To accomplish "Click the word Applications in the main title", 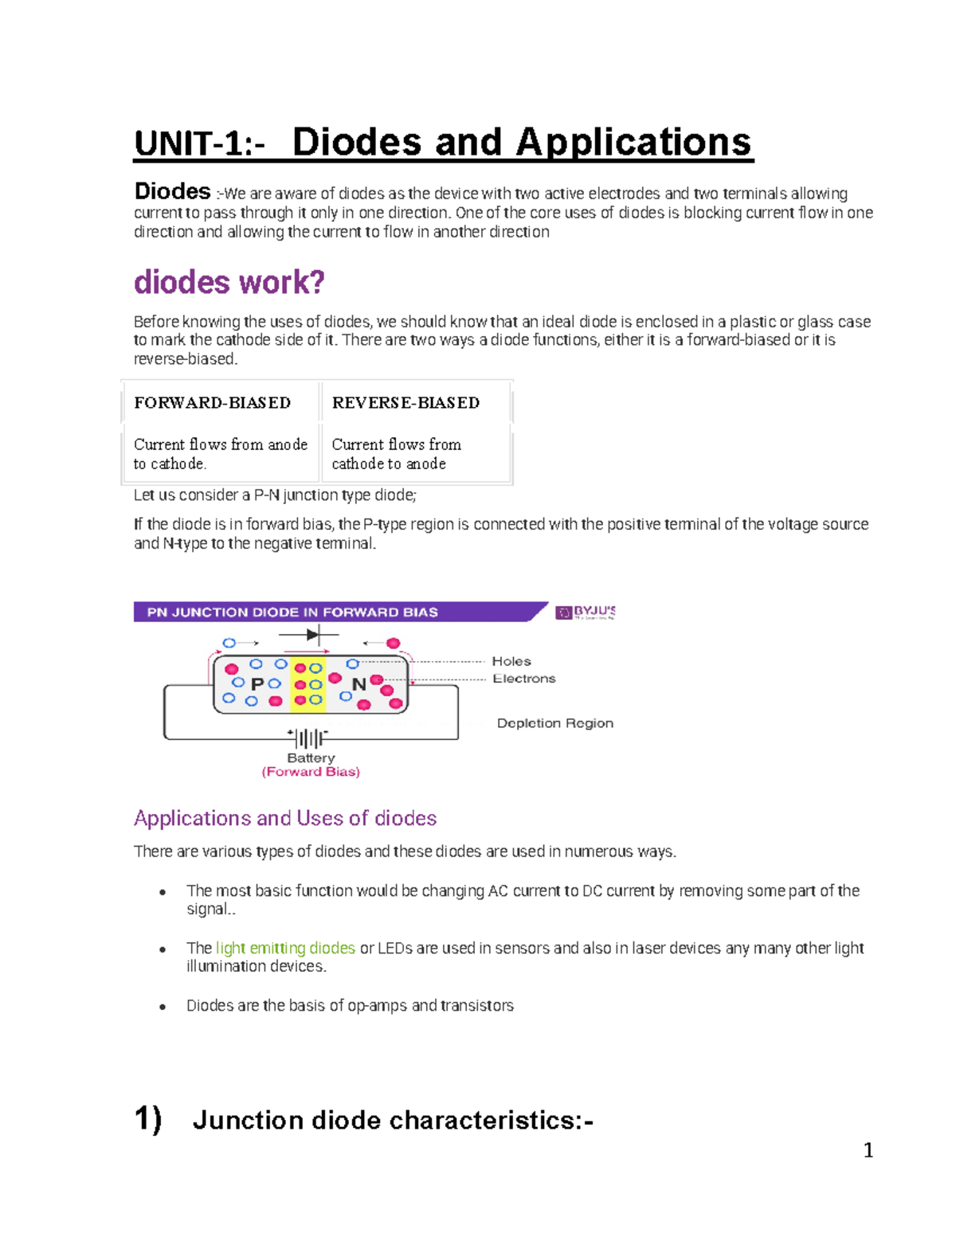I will [633, 143].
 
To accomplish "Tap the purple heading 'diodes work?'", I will [229, 282].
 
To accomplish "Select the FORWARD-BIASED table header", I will [213, 403].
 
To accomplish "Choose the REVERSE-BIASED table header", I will [406, 403].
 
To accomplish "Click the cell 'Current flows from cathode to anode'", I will [397, 454].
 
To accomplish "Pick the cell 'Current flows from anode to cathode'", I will [221, 454].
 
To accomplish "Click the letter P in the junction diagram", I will [257, 684].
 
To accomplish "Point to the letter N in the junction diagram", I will [358, 684].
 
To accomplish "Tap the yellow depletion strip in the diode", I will [308, 684].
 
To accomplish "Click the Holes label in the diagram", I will [511, 661].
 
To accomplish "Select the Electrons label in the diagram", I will [524, 679].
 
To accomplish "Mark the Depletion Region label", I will [555, 723].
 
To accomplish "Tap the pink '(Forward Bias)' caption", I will [311, 772].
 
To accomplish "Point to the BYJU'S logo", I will [586, 613].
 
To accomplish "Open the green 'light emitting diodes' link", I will [285, 948].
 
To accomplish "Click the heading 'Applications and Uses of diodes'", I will [285, 818].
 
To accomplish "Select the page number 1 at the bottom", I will [868, 1150].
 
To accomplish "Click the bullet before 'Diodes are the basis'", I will [163, 1007].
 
